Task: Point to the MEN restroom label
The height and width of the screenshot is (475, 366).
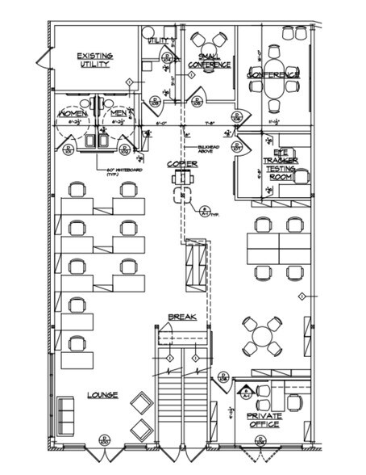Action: [x=118, y=114]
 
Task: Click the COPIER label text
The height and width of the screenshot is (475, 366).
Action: [x=183, y=164]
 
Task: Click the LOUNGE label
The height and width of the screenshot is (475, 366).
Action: [x=102, y=395]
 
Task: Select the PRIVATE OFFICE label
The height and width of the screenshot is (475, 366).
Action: [x=265, y=421]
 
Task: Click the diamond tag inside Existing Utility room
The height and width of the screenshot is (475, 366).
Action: [x=129, y=82]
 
